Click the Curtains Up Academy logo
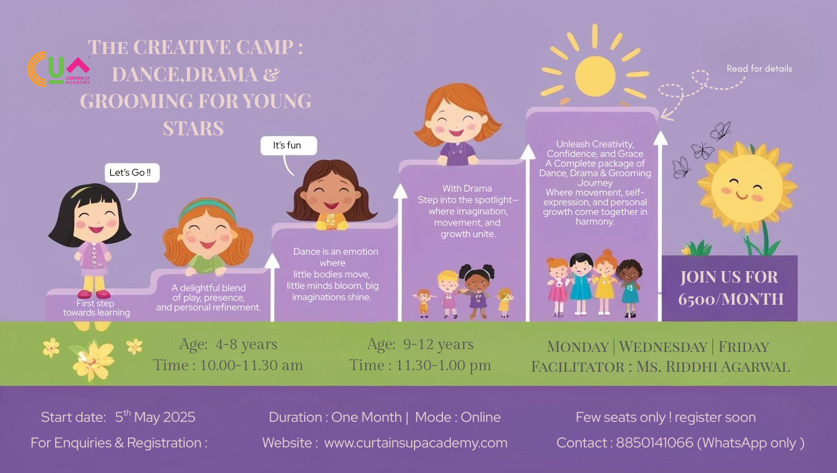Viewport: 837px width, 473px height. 59,69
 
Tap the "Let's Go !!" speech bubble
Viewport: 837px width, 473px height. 132,173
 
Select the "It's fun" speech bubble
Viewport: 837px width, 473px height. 288,146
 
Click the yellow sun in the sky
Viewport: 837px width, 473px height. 595,76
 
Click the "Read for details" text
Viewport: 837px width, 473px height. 759,69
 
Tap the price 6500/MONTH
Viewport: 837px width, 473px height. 731,299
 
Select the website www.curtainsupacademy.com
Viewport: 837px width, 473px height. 416,443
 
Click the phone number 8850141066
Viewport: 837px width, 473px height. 654,443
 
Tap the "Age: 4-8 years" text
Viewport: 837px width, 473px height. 229,344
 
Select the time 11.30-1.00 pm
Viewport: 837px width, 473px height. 443,366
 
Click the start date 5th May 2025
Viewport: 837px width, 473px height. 155,417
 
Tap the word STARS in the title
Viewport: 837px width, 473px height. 193,128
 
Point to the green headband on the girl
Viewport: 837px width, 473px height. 208,208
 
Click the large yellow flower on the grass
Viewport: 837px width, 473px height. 93,360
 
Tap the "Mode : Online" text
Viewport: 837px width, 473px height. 458,417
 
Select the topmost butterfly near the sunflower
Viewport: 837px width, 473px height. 720,131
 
